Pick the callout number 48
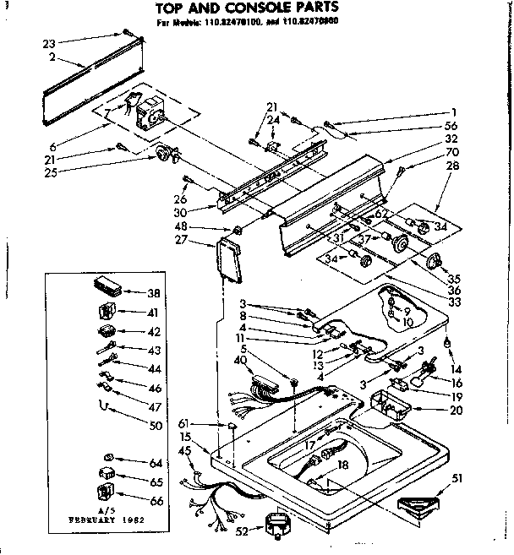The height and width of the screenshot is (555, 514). [204, 229]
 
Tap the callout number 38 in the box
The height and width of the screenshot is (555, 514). [154, 294]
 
